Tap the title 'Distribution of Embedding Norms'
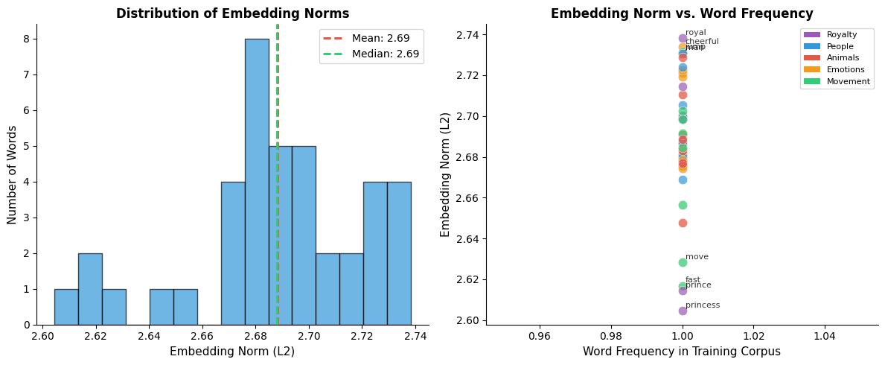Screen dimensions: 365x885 click(x=232, y=13)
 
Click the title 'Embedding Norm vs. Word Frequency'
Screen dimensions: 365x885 click(x=682, y=13)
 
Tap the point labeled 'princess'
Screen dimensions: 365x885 click(x=683, y=311)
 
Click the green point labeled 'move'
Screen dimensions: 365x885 click(x=683, y=262)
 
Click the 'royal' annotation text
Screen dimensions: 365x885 click(x=696, y=33)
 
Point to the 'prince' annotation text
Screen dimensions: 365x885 click(x=698, y=285)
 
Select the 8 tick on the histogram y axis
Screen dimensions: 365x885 click(x=27, y=39)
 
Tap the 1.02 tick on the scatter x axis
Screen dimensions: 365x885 click(x=754, y=336)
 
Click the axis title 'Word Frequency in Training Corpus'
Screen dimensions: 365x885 click(x=682, y=352)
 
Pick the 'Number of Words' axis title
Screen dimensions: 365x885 click(x=13, y=174)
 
